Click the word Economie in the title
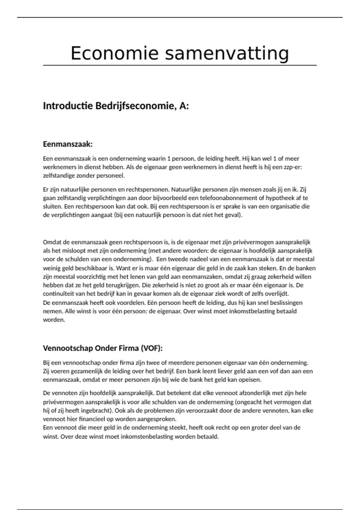114,53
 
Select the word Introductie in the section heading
67,106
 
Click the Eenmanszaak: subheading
68,144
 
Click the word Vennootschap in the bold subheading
68,348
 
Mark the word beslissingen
283,302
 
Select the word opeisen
250,380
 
